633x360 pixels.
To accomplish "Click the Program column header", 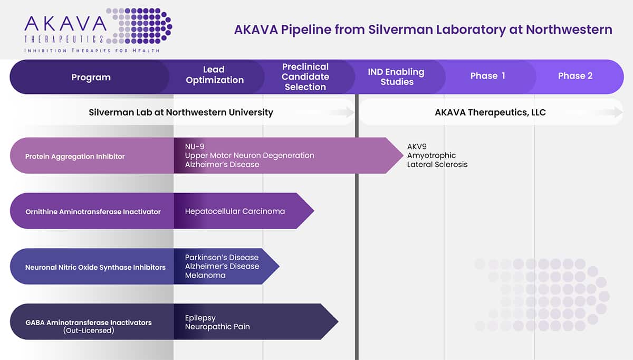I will point(91,77).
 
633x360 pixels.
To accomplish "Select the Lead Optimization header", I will point(215,75).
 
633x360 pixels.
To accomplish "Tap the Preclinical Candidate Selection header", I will point(305,77).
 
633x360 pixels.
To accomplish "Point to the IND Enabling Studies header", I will point(397,77).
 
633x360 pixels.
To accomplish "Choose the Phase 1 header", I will point(487,76).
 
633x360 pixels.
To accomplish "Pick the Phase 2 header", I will point(575,76).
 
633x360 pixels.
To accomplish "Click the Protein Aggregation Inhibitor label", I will point(75,157).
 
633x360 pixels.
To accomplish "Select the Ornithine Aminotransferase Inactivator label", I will point(93,212).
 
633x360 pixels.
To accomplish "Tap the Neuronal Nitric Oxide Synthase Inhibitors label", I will point(95,268).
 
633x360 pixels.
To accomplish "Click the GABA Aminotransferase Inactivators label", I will point(88,323).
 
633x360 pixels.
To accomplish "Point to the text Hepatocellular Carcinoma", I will point(235,211).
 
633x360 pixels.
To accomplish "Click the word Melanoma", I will point(205,275).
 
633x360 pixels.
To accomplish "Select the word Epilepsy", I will point(200,318).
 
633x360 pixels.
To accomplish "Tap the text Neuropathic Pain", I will point(217,327).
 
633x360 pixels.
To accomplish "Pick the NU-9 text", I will point(195,146).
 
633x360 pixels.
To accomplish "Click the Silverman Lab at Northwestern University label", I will point(181,112).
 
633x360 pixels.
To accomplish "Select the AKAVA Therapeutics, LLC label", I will point(490,112).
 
